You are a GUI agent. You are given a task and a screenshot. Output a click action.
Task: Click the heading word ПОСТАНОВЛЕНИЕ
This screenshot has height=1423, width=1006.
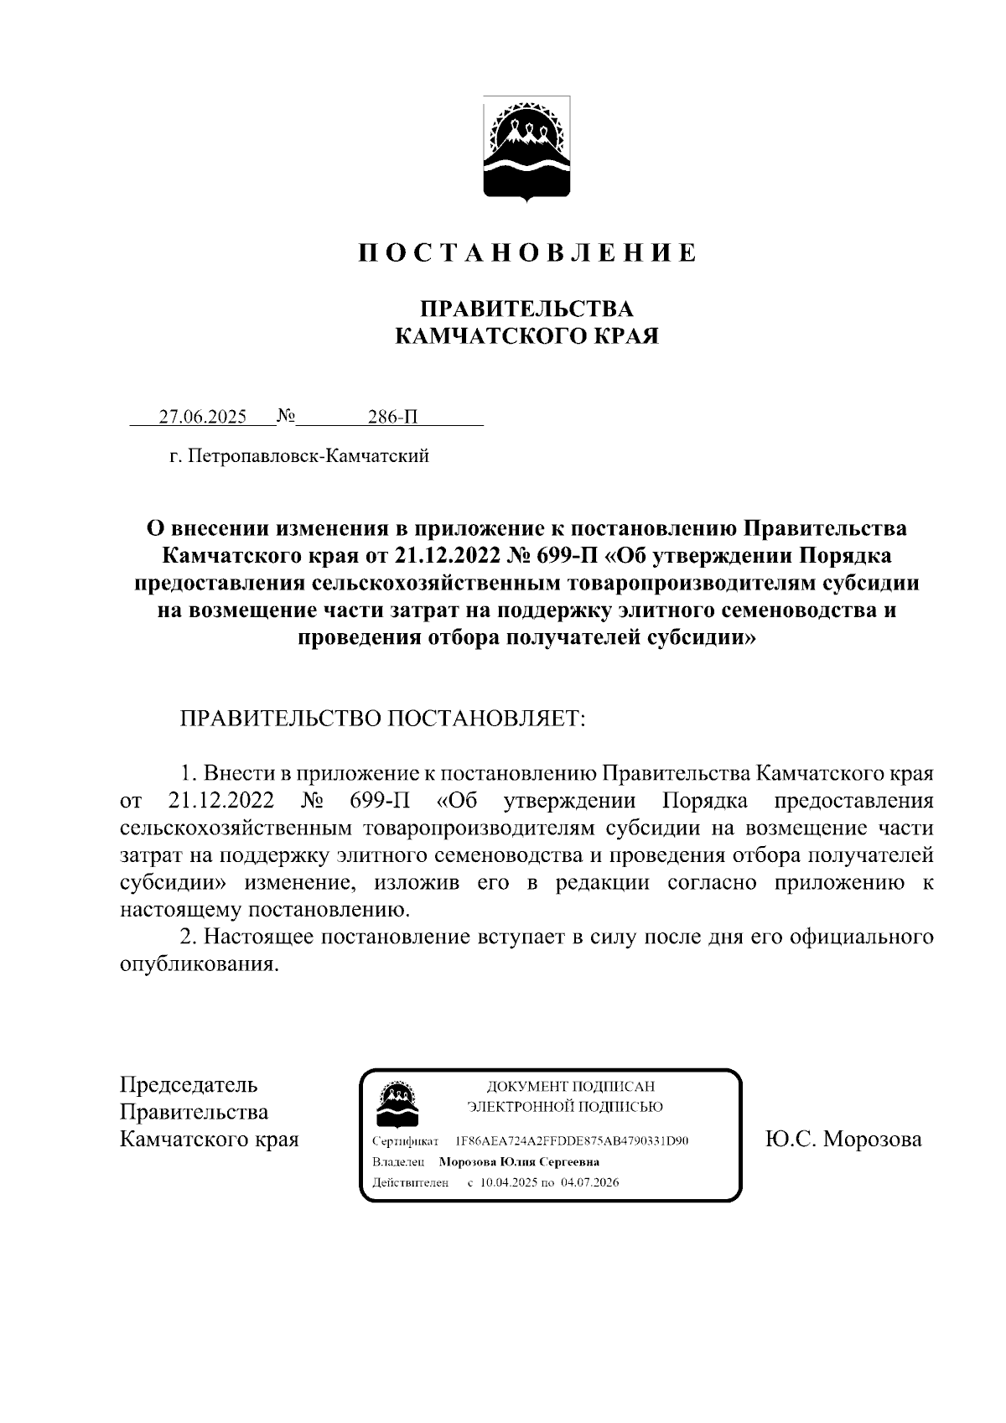[527, 253]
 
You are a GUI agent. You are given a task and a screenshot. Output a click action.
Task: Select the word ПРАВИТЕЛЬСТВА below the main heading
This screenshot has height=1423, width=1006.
[526, 309]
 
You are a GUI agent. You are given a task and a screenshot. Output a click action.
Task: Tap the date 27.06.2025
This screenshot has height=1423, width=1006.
[202, 417]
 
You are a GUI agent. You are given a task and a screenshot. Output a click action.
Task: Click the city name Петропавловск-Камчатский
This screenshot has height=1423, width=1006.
[309, 456]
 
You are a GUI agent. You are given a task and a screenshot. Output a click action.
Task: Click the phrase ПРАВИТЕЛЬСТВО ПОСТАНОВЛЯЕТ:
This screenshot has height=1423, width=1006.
[382, 719]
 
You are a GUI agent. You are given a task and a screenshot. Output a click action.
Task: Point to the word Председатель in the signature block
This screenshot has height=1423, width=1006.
[189, 1085]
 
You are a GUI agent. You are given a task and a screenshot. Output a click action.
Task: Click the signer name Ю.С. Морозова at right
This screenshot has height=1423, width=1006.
[843, 1140]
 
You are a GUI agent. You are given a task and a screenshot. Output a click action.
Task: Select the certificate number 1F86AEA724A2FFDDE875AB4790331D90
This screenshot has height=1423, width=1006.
[573, 1142]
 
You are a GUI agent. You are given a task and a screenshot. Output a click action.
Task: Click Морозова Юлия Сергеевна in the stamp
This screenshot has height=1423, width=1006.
[520, 1162]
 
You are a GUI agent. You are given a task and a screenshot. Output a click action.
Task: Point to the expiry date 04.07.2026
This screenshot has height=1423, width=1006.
[591, 1182]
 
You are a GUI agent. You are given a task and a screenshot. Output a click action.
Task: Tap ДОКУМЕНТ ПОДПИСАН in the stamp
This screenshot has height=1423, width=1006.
[564, 1087]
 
